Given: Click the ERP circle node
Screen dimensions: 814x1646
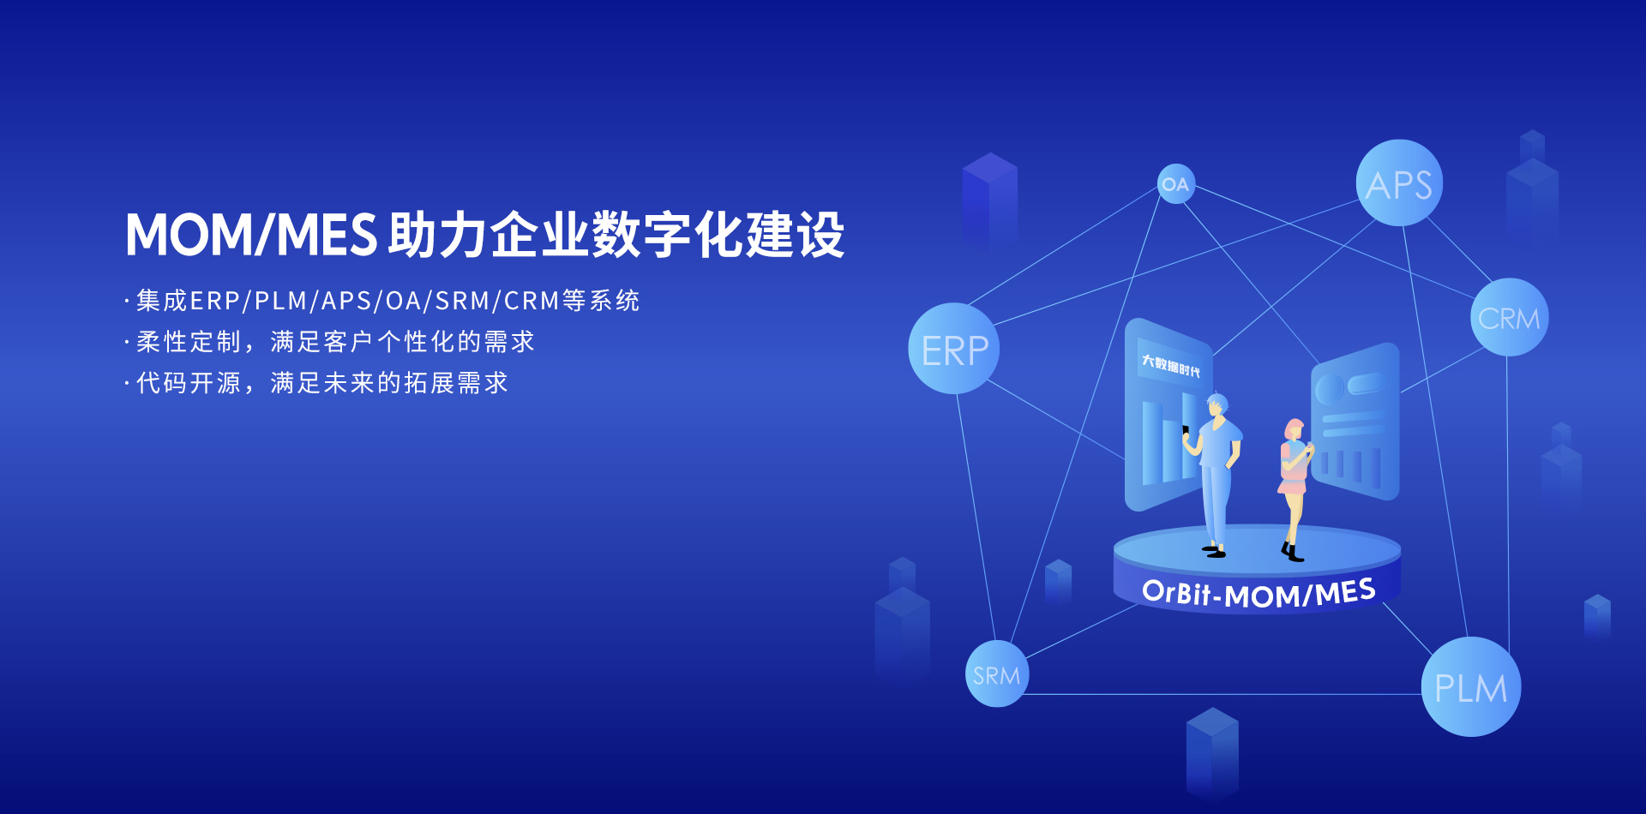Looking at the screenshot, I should point(954,349).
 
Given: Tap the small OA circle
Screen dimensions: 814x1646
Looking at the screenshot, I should point(1175,184).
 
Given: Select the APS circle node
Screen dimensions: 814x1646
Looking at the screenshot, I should point(1399,183).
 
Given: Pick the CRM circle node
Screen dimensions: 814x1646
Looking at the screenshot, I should point(1509,318).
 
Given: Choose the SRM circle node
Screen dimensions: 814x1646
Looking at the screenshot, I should point(996,674).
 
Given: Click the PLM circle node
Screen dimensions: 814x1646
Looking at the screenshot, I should point(1470,687).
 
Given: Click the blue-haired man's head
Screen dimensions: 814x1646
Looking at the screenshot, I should point(1216,404).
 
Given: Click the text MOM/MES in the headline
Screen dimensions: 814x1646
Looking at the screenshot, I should point(251,235).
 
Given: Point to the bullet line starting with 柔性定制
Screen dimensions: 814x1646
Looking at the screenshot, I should point(335,342).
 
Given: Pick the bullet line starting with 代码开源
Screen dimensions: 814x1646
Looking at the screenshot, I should point(322,383).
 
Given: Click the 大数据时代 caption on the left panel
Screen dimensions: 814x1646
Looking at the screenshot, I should point(1170,366).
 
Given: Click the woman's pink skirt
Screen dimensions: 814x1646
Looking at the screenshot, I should point(1292,488).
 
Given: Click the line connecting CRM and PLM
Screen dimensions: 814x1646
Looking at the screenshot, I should point(1508,497).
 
